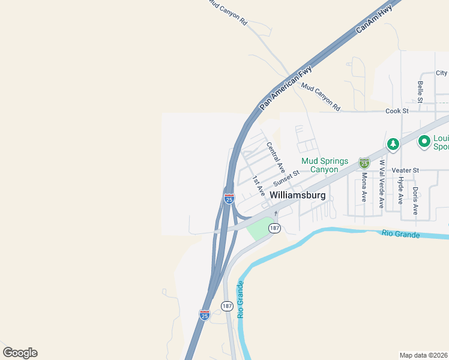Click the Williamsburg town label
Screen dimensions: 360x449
coord(298,196)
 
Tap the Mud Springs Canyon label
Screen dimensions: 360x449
coord(328,165)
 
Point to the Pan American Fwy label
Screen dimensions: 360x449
coord(286,86)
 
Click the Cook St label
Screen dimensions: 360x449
coord(397,111)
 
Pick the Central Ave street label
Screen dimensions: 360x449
coord(276,157)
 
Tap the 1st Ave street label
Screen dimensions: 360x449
coord(259,185)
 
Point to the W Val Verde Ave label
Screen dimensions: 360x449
coord(381,184)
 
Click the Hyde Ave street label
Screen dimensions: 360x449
coord(400,190)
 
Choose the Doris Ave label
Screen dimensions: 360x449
coord(415,200)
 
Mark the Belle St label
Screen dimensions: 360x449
coord(420,92)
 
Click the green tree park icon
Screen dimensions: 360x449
coord(393,144)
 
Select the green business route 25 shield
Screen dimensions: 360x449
coord(364,163)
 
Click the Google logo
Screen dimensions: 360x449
coord(20,353)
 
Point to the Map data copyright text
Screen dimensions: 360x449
coord(424,355)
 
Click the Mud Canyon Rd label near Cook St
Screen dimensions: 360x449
coord(321,97)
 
